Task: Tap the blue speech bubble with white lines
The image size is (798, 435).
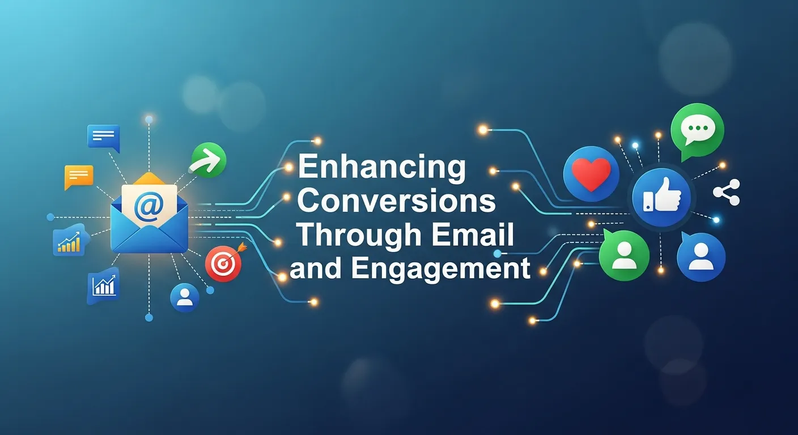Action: click(x=103, y=137)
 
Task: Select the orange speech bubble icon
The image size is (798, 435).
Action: click(x=78, y=176)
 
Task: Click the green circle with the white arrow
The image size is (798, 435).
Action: click(x=209, y=159)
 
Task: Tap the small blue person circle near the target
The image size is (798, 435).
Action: click(x=185, y=297)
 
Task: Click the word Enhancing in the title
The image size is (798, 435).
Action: click(x=381, y=168)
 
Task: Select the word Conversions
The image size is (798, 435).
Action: click(x=397, y=202)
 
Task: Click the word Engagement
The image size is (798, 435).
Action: click(x=440, y=268)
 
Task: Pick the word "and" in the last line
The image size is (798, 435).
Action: click(x=316, y=269)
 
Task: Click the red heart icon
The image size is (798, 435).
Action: click(x=591, y=173)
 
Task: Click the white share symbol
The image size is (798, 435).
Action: click(x=726, y=192)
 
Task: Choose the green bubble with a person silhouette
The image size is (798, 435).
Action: click(x=623, y=256)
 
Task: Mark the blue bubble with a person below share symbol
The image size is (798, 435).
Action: click(x=701, y=257)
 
